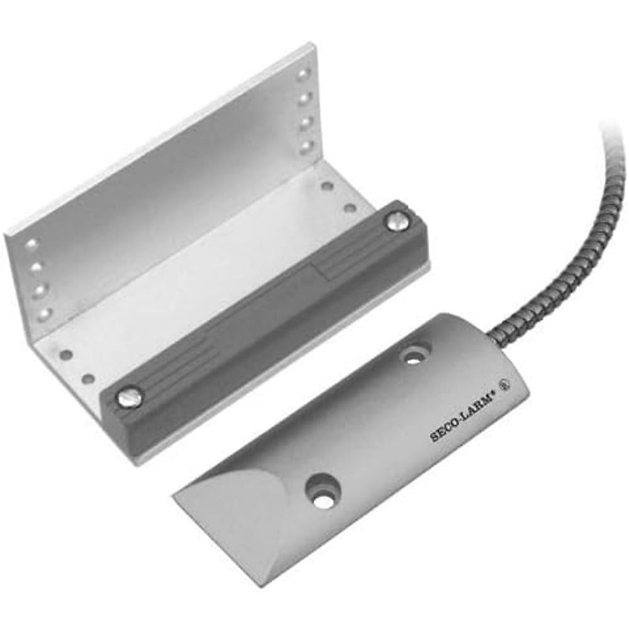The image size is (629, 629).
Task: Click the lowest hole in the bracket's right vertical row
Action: coord(305,147)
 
